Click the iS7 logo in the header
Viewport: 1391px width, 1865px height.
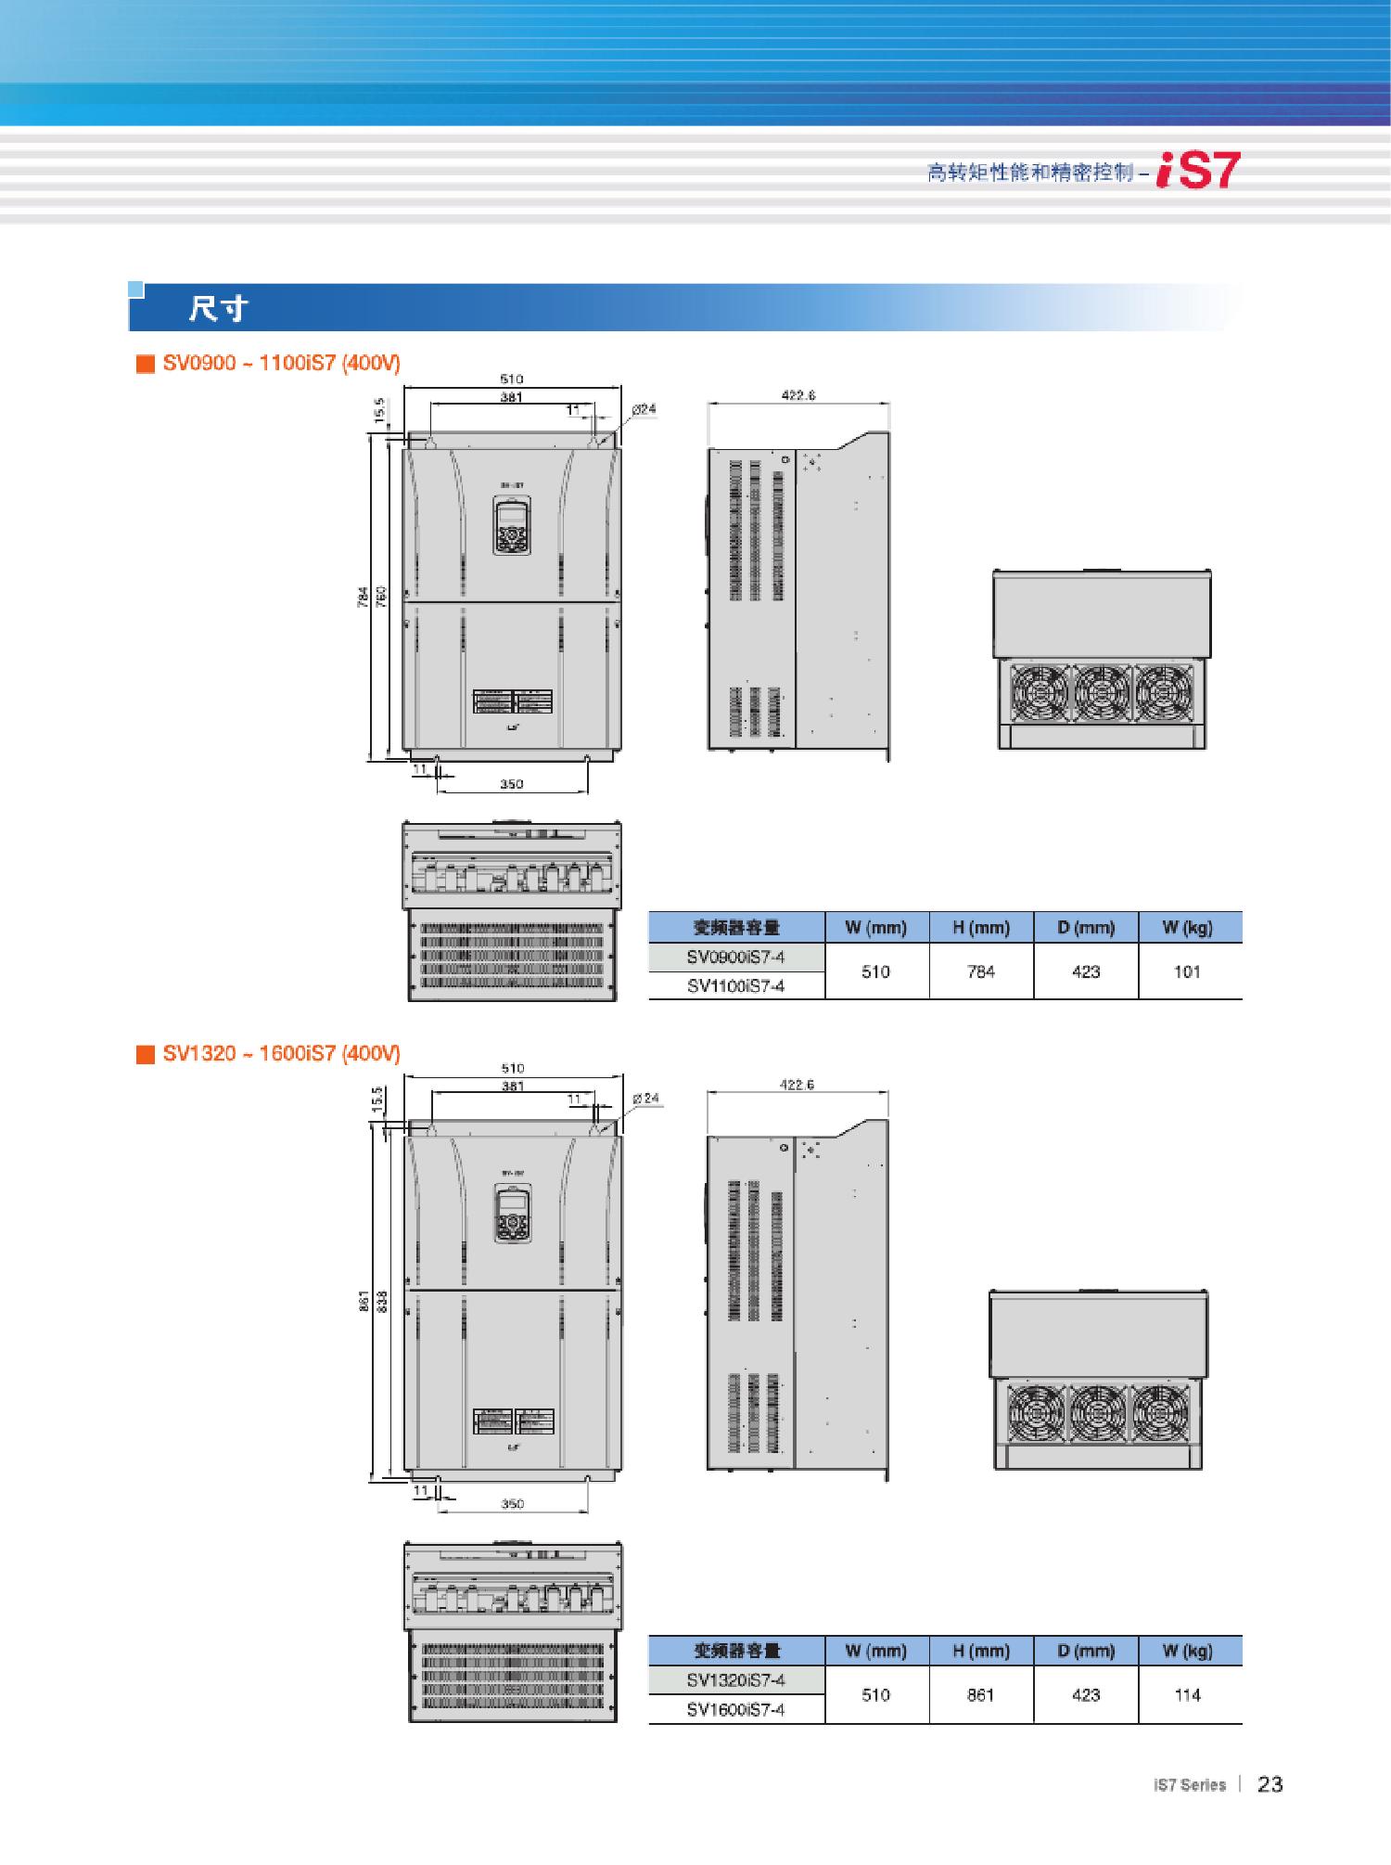(x=1197, y=171)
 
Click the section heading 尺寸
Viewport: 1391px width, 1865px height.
(x=218, y=308)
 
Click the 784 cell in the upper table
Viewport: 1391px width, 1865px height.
(x=980, y=971)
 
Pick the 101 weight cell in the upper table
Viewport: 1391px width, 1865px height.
(x=1187, y=971)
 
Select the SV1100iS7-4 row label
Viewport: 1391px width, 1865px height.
(x=735, y=986)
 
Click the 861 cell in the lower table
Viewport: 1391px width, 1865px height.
(x=980, y=1694)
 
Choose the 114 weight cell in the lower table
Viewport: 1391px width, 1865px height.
(x=1187, y=1694)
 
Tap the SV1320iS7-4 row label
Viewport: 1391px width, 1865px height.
(x=735, y=1680)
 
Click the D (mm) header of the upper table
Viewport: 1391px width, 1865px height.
(x=1085, y=927)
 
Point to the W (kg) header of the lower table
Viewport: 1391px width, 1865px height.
(x=1187, y=1651)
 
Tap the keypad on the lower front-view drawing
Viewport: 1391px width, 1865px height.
(x=512, y=1215)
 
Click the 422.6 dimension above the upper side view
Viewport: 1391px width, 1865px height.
(x=798, y=395)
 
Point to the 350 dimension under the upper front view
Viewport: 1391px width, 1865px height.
(x=512, y=784)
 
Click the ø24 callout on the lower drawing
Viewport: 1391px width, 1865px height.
(x=645, y=1099)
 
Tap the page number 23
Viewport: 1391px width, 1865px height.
(x=1270, y=1784)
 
